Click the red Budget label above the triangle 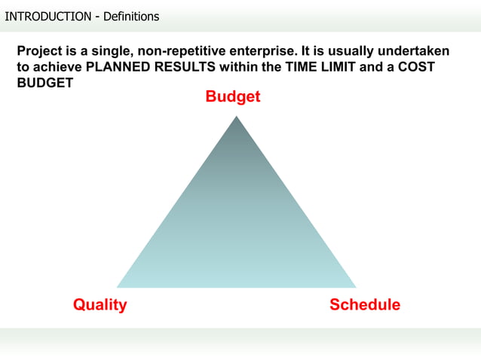pos(233,97)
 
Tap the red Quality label pos(100,305)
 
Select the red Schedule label pos(365,305)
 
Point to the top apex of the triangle pos(234,115)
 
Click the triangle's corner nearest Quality pos(118,287)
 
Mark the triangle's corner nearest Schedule pos(355,287)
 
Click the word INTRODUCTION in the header pos(47,16)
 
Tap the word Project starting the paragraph pos(40,52)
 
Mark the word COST pos(417,67)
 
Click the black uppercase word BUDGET pos(44,82)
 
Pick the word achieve pos(58,67)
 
